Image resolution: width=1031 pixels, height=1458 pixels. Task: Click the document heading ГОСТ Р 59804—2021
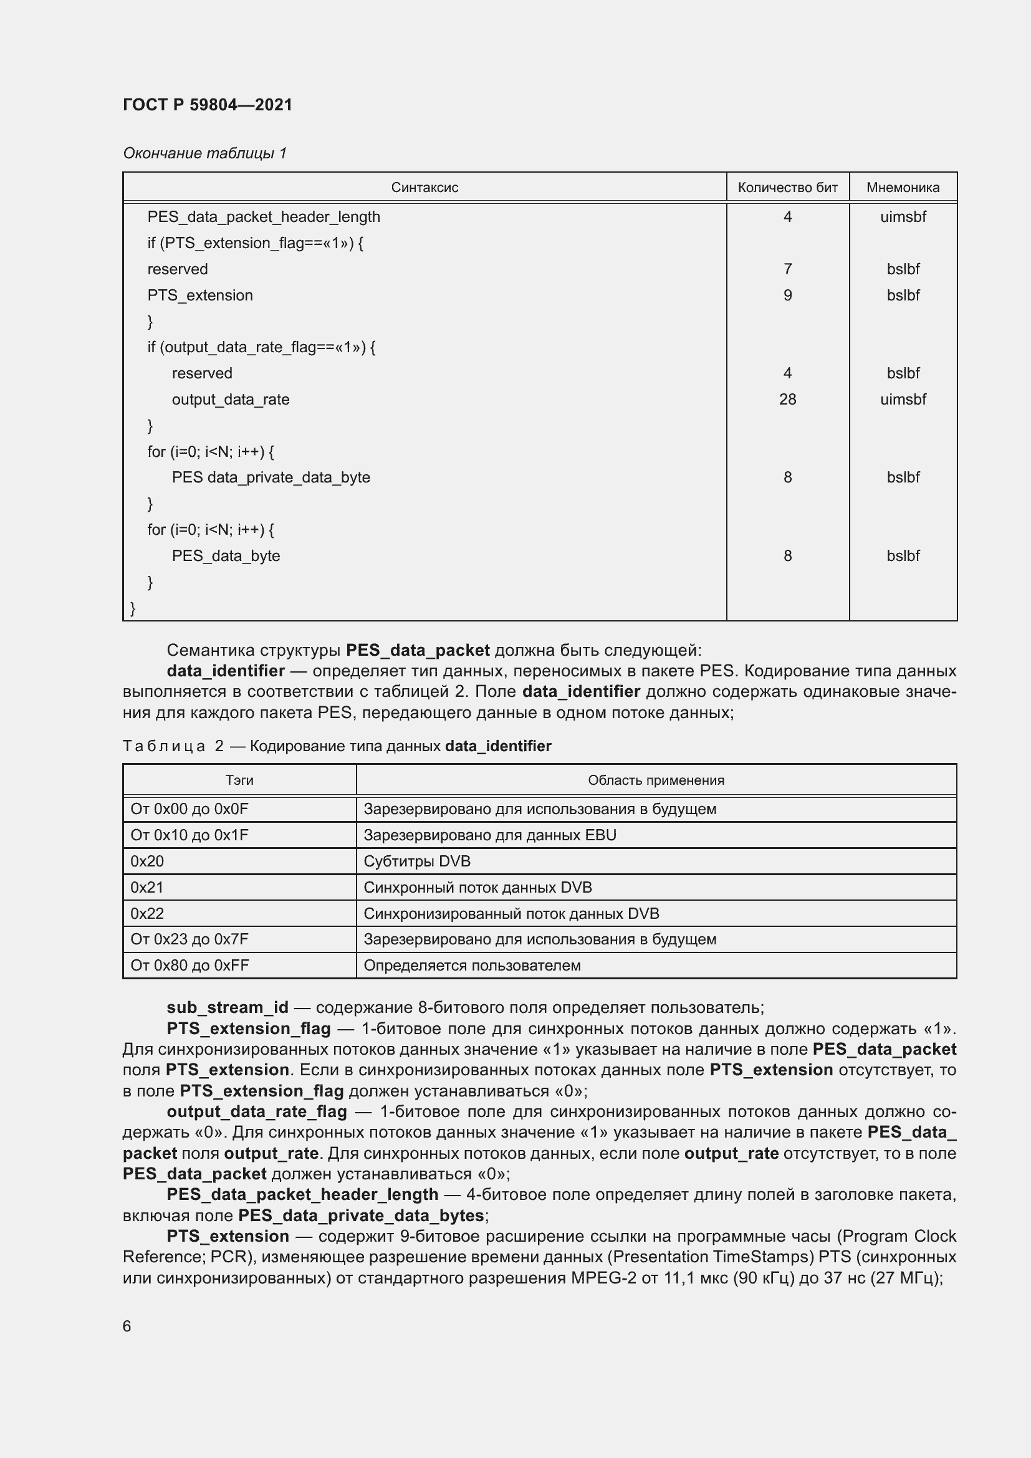coord(208,105)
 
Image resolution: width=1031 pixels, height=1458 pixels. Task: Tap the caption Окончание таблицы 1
coord(204,153)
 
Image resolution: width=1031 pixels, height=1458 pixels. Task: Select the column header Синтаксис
coord(424,188)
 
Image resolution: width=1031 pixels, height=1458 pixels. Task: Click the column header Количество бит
coord(787,188)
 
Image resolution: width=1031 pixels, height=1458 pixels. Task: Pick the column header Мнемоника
coord(902,188)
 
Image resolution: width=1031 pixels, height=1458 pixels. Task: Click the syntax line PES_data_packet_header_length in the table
coord(264,216)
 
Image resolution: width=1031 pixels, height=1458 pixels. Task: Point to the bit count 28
coord(787,400)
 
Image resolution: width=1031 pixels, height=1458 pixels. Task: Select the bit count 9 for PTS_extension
coord(787,295)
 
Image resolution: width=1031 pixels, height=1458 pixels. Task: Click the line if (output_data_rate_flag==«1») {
coord(261,347)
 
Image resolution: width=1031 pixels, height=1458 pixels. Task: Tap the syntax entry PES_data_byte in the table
coord(226,555)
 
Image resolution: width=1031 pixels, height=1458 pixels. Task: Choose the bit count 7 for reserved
coord(787,269)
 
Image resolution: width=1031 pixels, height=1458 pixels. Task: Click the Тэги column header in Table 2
coord(239,780)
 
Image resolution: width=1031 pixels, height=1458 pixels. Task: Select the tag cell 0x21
coord(146,887)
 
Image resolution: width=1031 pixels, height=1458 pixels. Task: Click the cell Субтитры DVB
coord(416,861)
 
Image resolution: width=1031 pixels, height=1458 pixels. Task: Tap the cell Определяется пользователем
coord(472,965)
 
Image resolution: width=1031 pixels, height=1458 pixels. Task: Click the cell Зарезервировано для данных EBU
coord(489,835)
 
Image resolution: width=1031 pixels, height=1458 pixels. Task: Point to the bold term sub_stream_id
coord(228,1007)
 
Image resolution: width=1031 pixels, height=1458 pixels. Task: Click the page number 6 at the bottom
coord(127,1326)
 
